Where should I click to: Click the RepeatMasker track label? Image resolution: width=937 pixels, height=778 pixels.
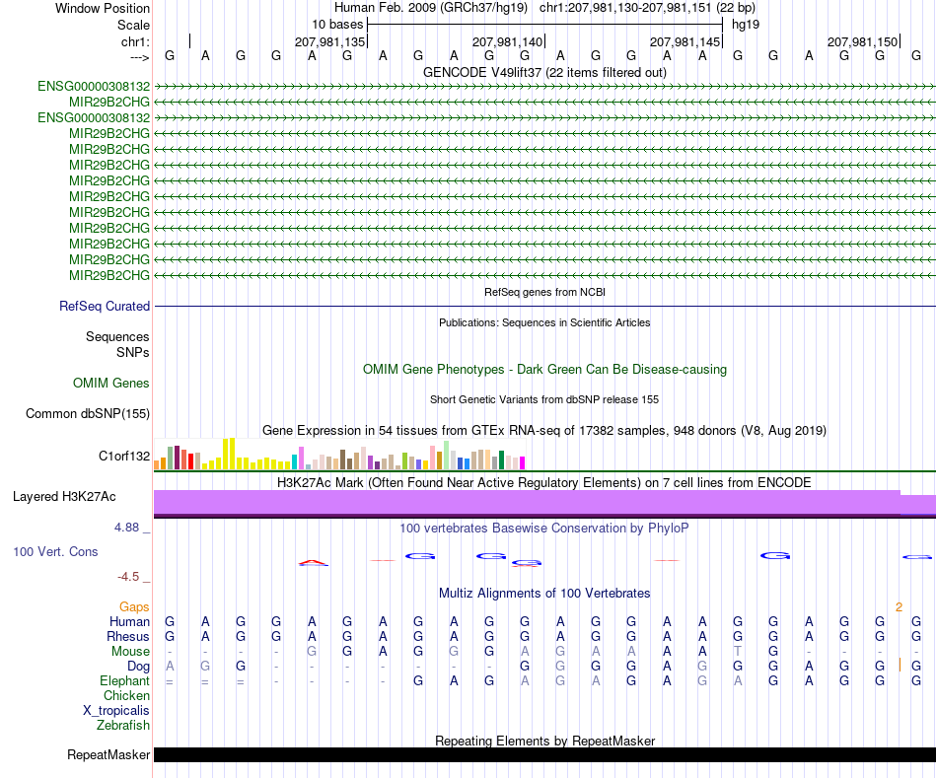(x=108, y=754)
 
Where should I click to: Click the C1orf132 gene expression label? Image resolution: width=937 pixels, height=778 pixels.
(x=124, y=456)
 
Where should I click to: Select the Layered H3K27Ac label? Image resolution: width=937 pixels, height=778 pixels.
(x=64, y=497)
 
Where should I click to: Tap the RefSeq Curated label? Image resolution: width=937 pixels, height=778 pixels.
(x=105, y=306)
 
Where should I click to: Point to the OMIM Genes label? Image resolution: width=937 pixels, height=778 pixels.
(x=111, y=383)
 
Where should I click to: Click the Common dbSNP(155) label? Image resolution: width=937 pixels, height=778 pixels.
(x=88, y=413)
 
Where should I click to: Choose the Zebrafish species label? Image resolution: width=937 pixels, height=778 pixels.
(x=123, y=726)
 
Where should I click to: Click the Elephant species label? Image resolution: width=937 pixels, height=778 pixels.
(x=125, y=681)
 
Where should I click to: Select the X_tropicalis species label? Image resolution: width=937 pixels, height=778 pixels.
(x=116, y=711)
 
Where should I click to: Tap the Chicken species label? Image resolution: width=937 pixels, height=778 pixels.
(x=126, y=695)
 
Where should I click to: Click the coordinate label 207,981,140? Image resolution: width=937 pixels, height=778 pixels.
(x=507, y=41)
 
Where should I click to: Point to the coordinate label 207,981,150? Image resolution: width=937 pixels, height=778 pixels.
(x=862, y=41)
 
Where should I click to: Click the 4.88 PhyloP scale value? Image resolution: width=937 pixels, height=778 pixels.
(x=126, y=528)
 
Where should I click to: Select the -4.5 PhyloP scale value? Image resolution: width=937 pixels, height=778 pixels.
(x=128, y=577)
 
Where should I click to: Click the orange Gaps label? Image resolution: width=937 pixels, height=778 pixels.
(x=134, y=607)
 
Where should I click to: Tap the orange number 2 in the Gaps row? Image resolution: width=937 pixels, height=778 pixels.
(x=899, y=607)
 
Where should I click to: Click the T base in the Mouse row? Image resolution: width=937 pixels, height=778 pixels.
(x=738, y=652)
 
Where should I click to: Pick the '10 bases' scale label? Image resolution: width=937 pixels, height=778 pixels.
(x=337, y=25)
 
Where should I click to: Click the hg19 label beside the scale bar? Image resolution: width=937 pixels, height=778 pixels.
(x=746, y=25)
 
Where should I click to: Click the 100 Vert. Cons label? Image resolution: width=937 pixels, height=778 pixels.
(x=55, y=551)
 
